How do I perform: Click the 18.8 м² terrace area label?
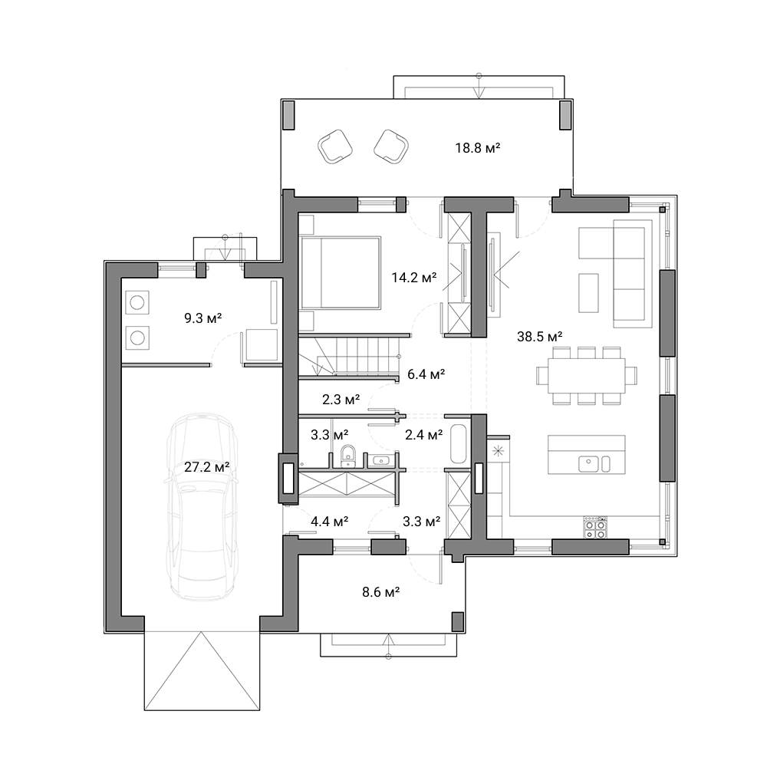pyautogui.click(x=477, y=148)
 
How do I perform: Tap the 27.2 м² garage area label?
pyautogui.click(x=207, y=467)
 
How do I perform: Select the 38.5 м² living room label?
pyautogui.click(x=539, y=337)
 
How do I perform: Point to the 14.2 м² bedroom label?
pyautogui.click(x=414, y=278)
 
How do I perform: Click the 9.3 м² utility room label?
pyautogui.click(x=203, y=318)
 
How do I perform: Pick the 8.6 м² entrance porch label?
pyautogui.click(x=380, y=592)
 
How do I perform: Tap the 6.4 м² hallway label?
pyautogui.click(x=426, y=375)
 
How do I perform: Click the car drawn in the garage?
pyautogui.click(x=202, y=507)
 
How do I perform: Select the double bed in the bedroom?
pyautogui.click(x=341, y=273)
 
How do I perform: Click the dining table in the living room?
pyautogui.click(x=587, y=376)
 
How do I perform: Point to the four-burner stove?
pyautogui.click(x=595, y=528)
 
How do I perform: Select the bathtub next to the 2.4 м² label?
pyautogui.click(x=459, y=443)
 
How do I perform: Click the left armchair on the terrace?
pyautogui.click(x=335, y=146)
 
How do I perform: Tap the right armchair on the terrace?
pyautogui.click(x=391, y=146)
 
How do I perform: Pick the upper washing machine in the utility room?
pyautogui.click(x=137, y=302)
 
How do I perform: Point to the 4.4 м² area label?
pyautogui.click(x=329, y=522)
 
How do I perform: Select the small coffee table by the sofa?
pyautogui.click(x=588, y=292)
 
